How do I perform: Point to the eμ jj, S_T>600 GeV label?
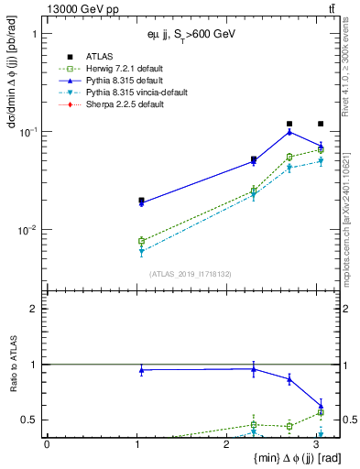point(191,34)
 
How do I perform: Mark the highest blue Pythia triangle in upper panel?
point(289,132)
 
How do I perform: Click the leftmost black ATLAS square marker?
point(141,200)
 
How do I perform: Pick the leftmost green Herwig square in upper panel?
point(141,241)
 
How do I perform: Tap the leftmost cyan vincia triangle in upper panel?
point(141,251)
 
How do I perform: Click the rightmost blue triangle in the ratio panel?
point(321,406)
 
